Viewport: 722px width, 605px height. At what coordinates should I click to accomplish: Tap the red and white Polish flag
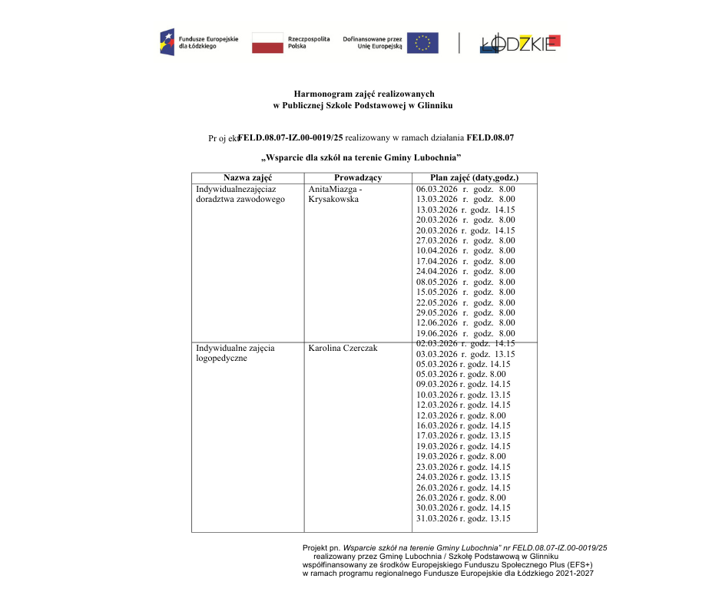point(267,43)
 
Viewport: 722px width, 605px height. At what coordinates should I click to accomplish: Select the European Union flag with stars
point(422,43)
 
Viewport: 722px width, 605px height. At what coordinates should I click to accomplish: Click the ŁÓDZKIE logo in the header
point(521,44)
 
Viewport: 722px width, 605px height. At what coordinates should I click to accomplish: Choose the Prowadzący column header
point(358,178)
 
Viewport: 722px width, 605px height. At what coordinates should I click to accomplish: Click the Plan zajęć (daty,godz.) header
point(474,178)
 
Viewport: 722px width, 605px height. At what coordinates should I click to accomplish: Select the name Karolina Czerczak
point(343,349)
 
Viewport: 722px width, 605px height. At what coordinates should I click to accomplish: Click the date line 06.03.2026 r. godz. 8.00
point(465,189)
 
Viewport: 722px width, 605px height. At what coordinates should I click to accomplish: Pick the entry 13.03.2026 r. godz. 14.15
point(465,210)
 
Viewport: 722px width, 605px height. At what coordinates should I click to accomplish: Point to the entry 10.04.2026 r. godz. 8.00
point(465,251)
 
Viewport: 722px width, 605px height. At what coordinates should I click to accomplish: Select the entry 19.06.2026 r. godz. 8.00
point(465,334)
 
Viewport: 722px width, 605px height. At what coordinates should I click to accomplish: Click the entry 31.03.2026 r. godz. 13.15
point(463,519)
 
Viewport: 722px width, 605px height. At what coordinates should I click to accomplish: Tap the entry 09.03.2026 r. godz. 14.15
point(463,384)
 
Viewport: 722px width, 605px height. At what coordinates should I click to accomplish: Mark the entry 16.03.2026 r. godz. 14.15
point(463,425)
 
